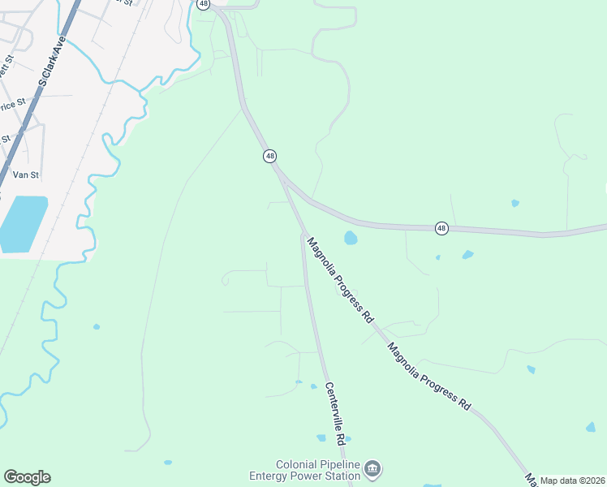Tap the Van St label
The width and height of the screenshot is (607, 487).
[26, 175]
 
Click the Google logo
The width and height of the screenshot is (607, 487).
[27, 477]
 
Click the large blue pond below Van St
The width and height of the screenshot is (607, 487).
[22, 223]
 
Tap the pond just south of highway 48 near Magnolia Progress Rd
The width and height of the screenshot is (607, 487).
[351, 238]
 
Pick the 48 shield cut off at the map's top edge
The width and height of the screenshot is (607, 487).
[203, 3]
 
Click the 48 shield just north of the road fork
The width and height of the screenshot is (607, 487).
[269, 155]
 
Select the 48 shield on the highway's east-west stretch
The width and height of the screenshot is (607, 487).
[441, 228]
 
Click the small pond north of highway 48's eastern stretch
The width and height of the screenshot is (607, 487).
[514, 203]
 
